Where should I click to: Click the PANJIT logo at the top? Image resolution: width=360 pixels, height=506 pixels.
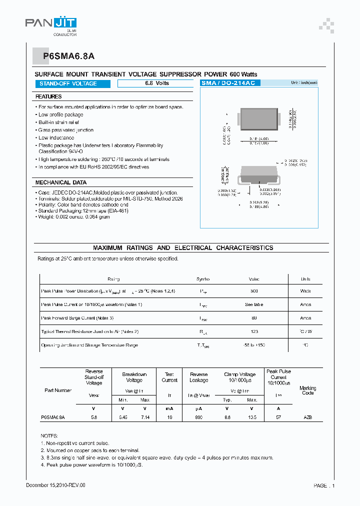tap(51, 24)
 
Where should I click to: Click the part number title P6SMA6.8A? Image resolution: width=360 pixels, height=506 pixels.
tap(60, 56)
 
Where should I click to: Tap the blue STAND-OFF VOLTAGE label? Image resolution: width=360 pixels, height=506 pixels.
tap(68, 83)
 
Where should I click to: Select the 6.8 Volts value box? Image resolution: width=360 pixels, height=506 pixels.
tap(157, 83)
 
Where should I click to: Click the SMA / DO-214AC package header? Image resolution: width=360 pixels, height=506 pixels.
tap(228, 83)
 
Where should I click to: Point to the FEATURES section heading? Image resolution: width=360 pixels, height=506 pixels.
tap(49, 96)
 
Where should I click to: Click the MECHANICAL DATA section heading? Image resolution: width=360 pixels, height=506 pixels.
tap(61, 182)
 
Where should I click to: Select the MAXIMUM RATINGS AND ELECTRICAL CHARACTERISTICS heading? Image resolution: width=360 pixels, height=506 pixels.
tap(183, 247)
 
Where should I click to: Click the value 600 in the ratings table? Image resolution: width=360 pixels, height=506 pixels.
tap(254, 291)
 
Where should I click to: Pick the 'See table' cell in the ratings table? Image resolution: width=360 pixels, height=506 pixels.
tap(254, 304)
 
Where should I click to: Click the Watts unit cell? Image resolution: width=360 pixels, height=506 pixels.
tap(305, 291)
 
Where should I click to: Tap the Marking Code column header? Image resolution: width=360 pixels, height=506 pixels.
tap(307, 390)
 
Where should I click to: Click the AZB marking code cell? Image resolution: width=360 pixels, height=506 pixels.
tap(307, 416)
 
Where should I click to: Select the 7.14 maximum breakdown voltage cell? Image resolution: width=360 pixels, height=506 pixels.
tap(145, 416)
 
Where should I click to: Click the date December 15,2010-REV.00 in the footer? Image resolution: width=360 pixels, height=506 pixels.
tap(55, 485)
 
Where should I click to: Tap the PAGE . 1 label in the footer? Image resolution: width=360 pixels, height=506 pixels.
tap(324, 485)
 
